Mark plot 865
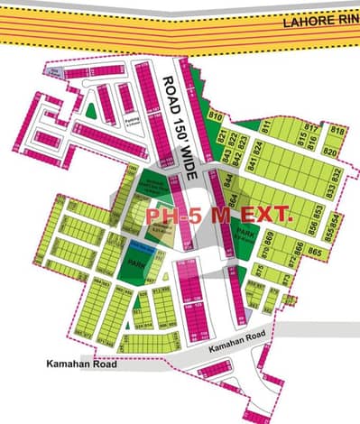pos(316,249)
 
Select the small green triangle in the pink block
pos(90,110)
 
